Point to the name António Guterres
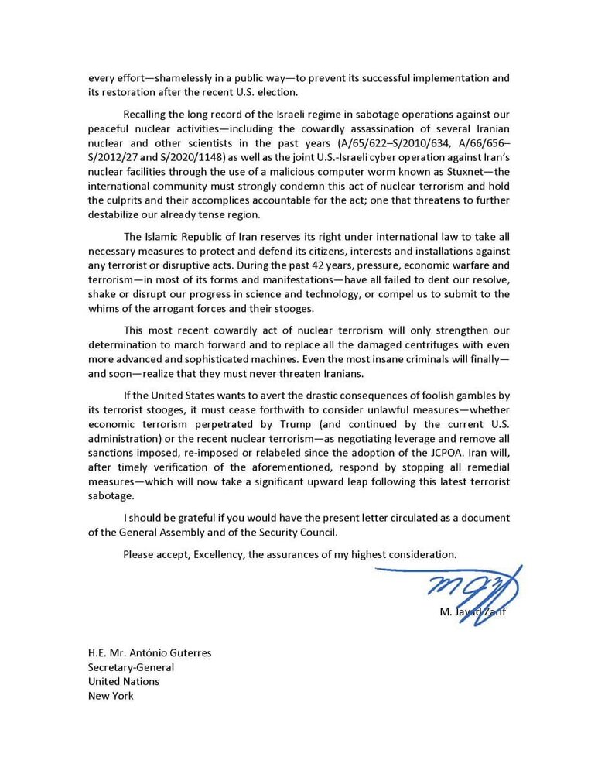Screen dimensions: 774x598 tap(169, 652)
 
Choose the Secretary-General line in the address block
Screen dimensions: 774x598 tap(131, 667)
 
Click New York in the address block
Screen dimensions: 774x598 tap(111, 696)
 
